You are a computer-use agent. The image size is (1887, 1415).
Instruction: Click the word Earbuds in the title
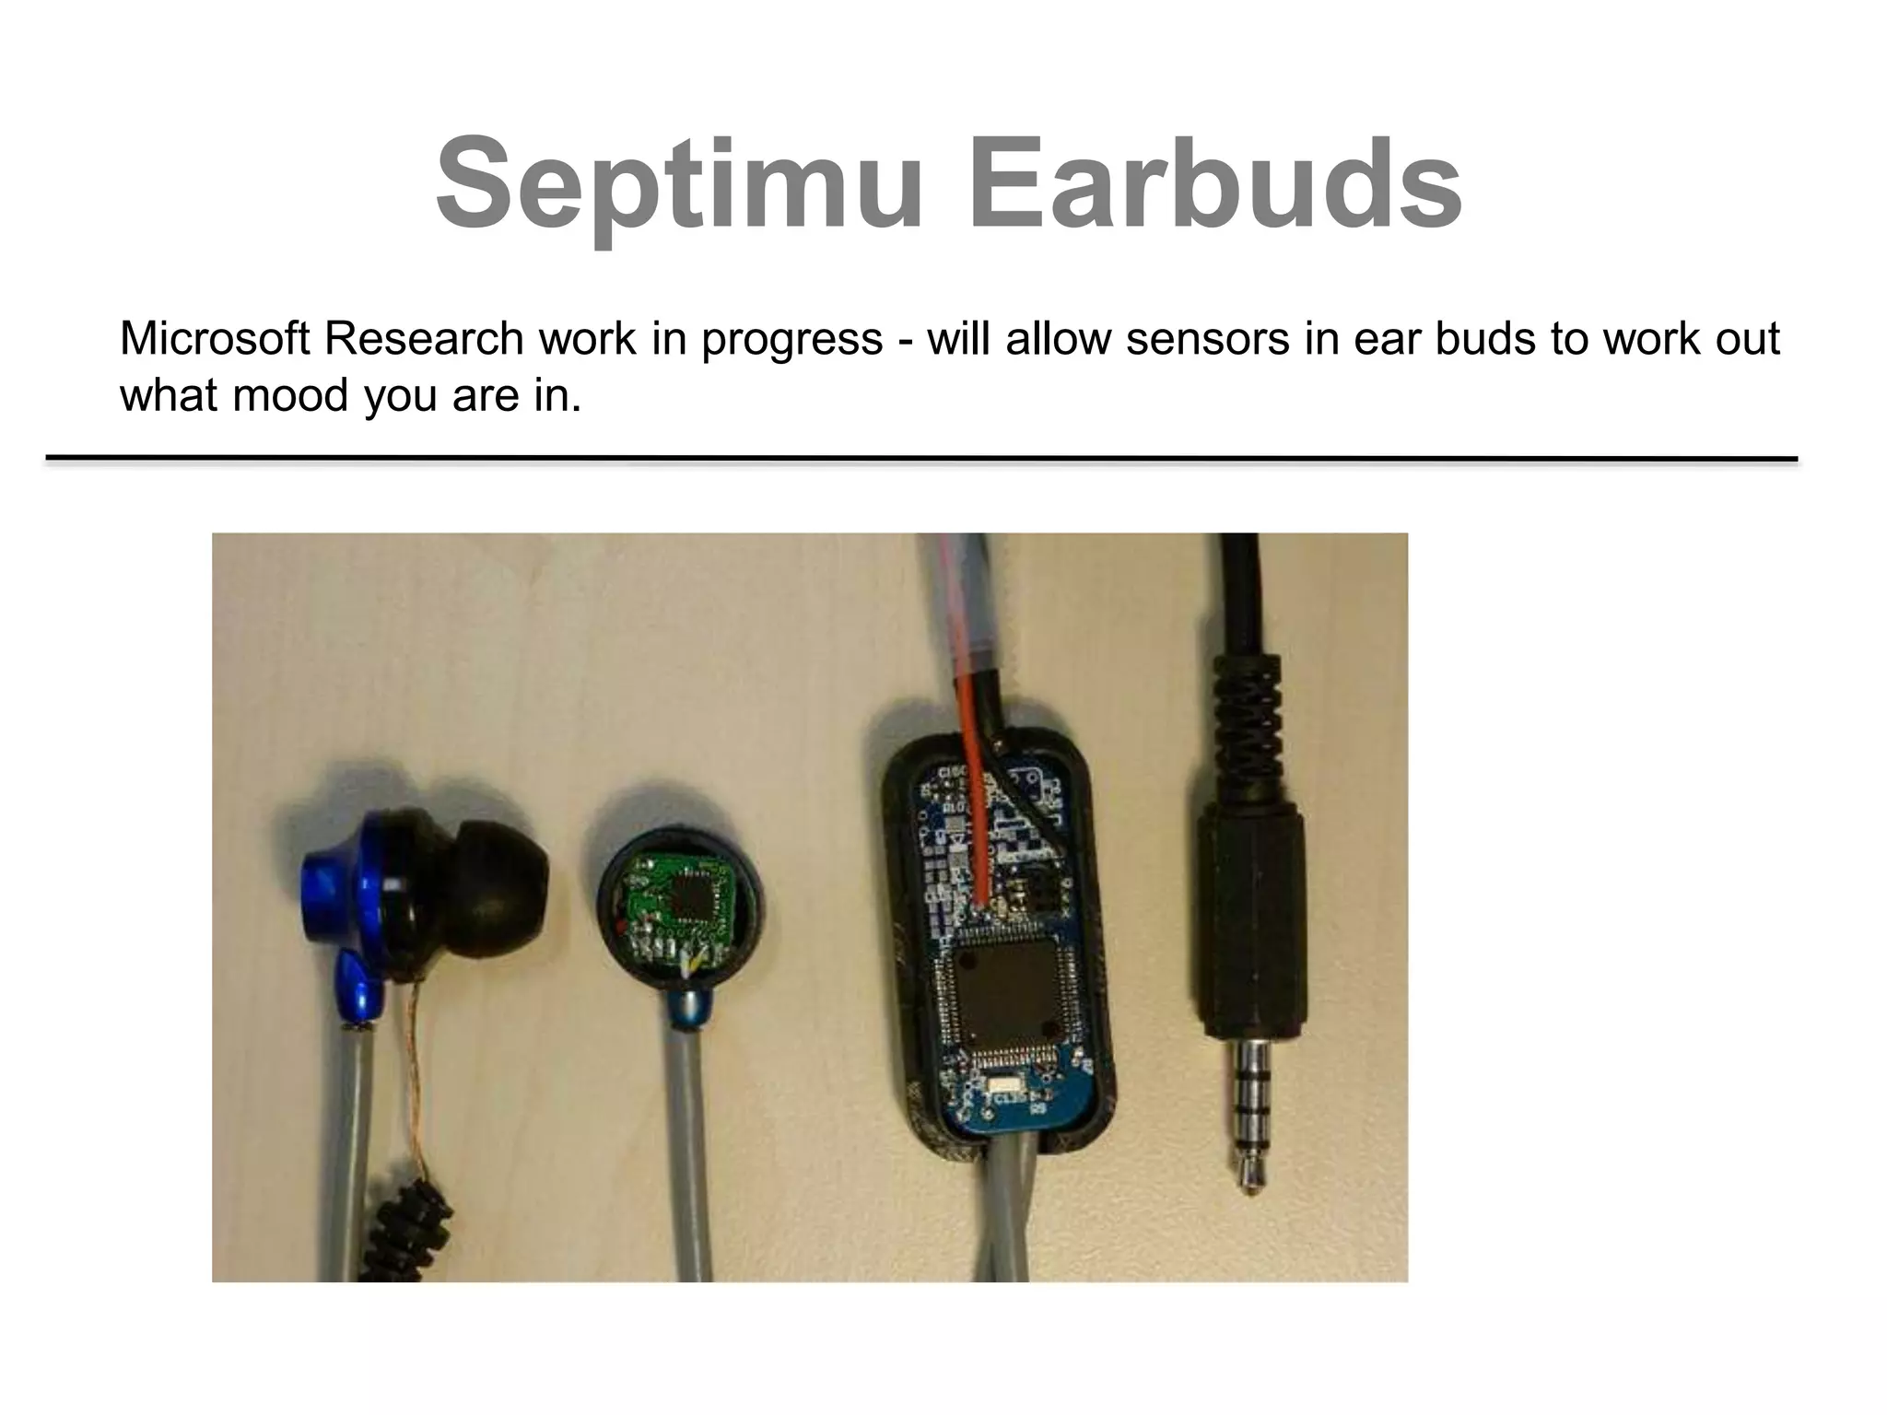click(1213, 185)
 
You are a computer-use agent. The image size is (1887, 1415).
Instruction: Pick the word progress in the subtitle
click(791, 341)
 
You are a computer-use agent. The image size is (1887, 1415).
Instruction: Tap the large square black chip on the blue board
click(1005, 991)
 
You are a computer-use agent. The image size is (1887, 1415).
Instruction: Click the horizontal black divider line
click(921, 458)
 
